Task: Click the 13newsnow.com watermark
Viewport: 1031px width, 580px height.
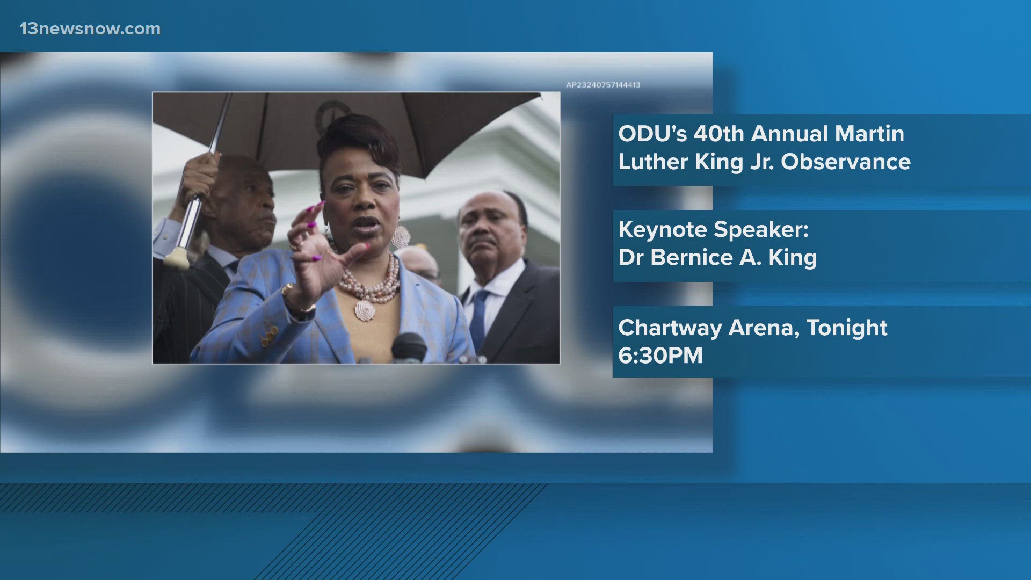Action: click(90, 29)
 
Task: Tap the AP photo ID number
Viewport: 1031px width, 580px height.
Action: click(602, 85)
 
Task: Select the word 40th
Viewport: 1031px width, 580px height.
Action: click(720, 134)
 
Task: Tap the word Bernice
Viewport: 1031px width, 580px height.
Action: click(692, 258)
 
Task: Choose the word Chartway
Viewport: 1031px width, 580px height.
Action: click(670, 328)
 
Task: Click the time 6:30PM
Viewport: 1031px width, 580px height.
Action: click(660, 356)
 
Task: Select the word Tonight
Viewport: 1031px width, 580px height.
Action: click(847, 328)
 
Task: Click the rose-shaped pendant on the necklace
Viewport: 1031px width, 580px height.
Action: click(365, 310)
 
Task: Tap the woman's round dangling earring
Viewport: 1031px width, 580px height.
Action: click(400, 237)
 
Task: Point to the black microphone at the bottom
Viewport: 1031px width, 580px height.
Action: click(409, 346)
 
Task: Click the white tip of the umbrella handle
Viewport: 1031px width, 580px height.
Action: click(178, 259)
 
